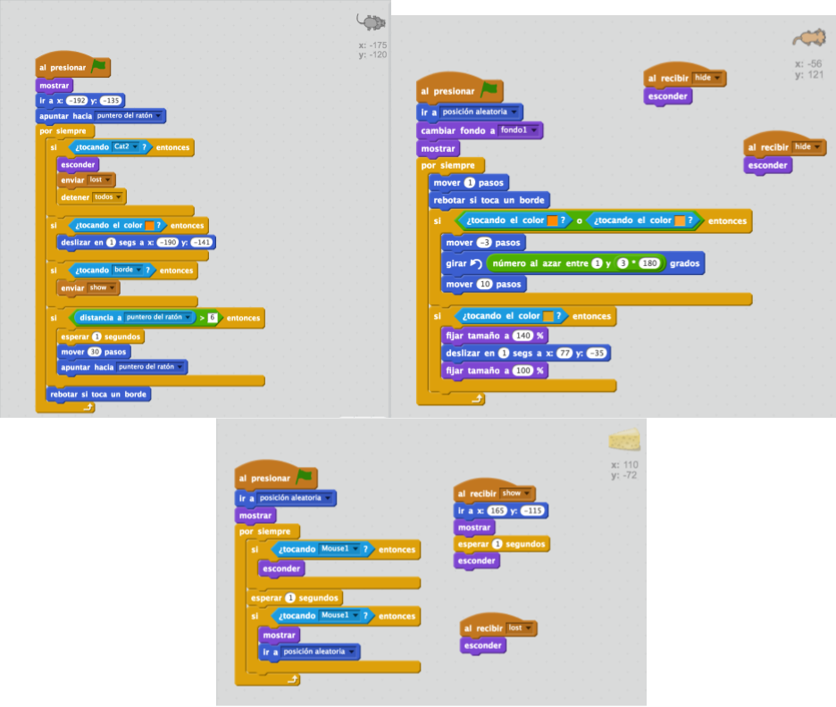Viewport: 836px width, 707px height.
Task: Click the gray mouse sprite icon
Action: tap(372, 21)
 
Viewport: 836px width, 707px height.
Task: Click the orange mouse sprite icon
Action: tap(808, 37)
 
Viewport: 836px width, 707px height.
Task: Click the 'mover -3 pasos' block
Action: tap(457, 242)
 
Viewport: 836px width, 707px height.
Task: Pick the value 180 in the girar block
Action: tap(649, 263)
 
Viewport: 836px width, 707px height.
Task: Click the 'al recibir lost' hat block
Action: tap(482, 628)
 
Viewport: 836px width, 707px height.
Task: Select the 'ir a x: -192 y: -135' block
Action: tap(49, 101)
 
